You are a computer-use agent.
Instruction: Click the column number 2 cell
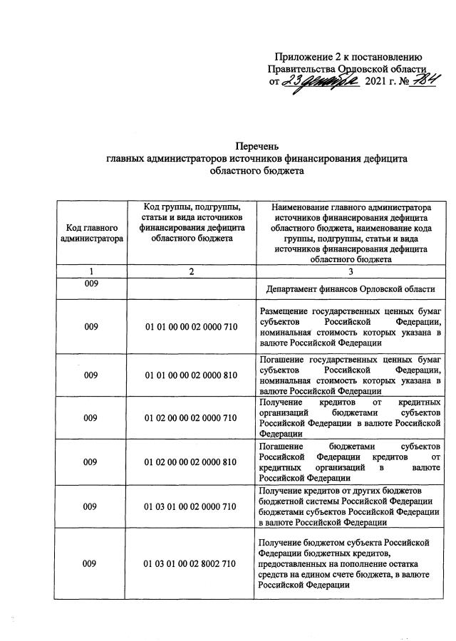pos(190,271)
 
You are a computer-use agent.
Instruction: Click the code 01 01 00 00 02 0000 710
pos(190,327)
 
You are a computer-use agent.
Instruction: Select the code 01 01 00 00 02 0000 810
pos(190,375)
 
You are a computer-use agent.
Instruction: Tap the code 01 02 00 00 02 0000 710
pos(190,418)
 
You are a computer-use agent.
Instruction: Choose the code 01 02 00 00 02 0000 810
pos(190,462)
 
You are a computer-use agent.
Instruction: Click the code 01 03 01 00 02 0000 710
pos(190,506)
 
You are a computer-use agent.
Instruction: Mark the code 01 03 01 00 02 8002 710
pos(190,564)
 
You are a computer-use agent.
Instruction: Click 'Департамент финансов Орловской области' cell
pos(351,289)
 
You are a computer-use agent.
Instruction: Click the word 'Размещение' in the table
pos(284,311)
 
